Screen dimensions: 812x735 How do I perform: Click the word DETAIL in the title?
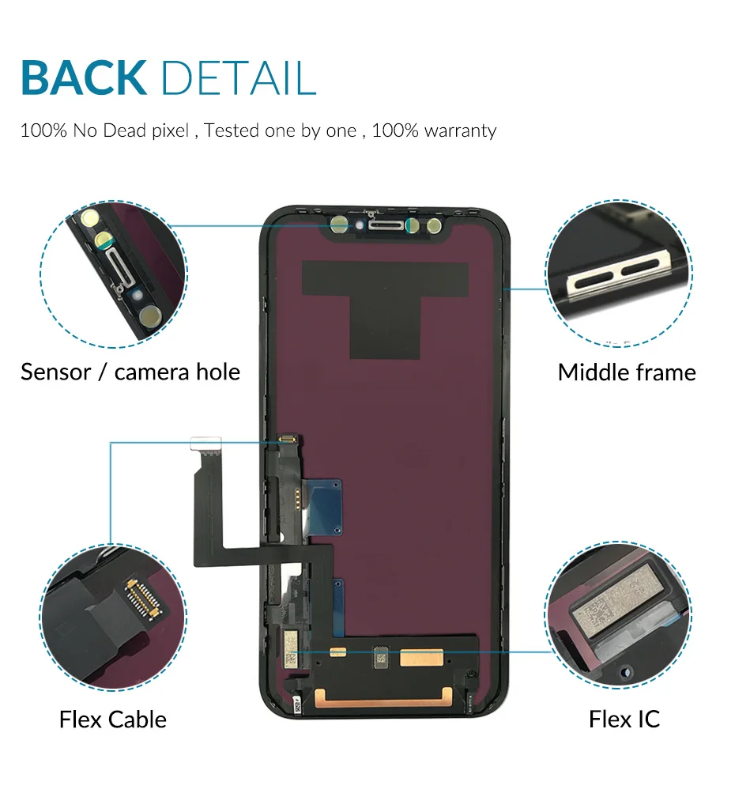click(x=238, y=77)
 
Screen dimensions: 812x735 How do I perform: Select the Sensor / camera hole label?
click(x=130, y=372)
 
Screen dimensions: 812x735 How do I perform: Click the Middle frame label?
click(x=627, y=372)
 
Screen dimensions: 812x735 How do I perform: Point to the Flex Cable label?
click(x=113, y=719)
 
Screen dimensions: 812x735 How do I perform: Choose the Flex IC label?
click(x=624, y=719)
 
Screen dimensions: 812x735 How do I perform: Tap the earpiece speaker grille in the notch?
click(x=383, y=226)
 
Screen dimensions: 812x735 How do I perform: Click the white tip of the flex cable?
click(x=206, y=440)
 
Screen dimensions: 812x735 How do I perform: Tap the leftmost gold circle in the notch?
click(x=339, y=225)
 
